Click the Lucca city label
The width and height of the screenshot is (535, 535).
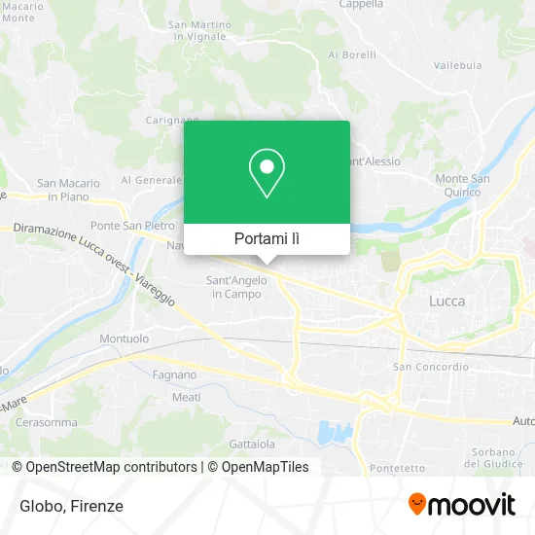(446, 302)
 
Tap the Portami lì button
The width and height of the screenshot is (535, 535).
(267, 239)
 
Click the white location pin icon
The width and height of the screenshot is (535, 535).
(267, 173)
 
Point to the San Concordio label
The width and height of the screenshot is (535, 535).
(430, 367)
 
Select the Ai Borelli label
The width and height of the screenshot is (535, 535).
(352, 54)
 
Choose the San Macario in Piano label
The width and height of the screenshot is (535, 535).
(68, 189)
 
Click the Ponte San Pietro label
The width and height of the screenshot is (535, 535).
(120, 226)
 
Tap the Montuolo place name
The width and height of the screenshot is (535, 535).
(124, 339)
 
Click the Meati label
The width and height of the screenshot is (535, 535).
(186, 397)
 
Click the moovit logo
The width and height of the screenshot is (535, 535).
(461, 505)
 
